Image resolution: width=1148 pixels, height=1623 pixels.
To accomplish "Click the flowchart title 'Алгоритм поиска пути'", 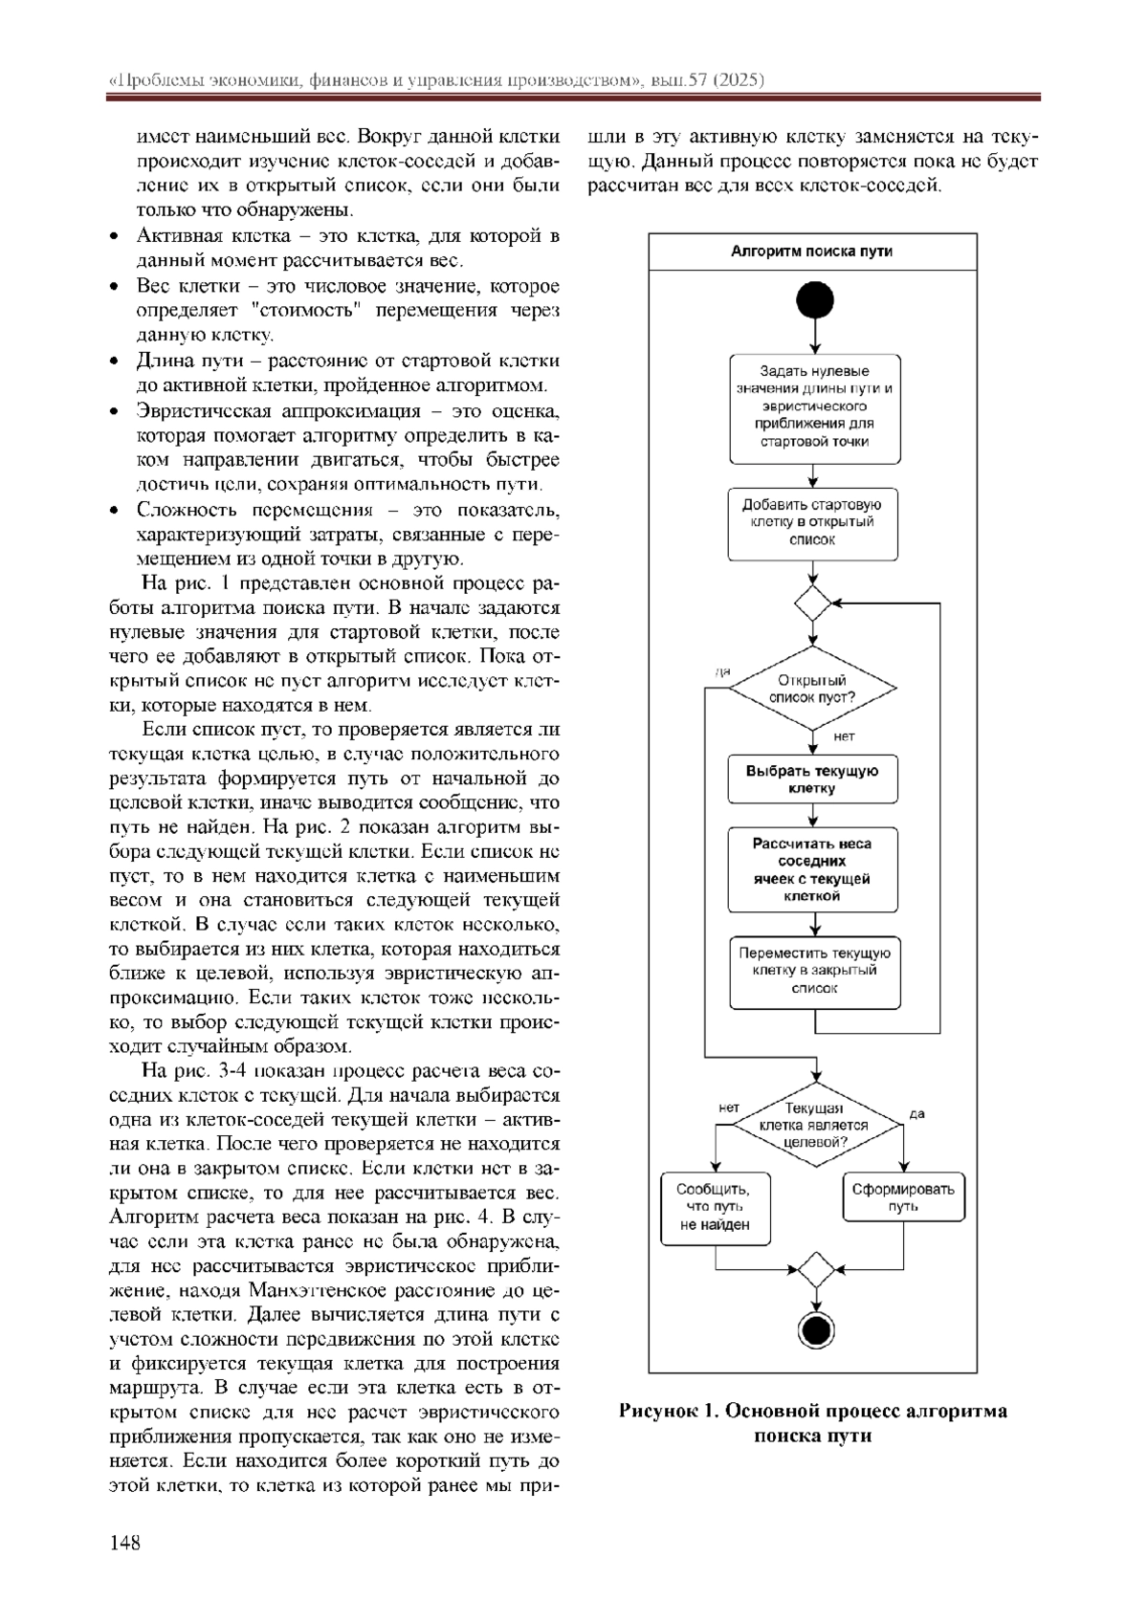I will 812,252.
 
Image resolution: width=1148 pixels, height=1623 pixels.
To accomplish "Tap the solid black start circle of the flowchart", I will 814,300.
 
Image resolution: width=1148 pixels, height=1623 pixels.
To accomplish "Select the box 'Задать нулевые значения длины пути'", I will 814,406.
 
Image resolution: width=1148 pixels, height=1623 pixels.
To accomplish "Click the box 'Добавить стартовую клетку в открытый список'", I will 812,522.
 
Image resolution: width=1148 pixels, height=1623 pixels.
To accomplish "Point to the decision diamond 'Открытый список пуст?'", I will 812,689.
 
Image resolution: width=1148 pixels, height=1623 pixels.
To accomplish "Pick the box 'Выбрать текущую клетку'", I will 812,779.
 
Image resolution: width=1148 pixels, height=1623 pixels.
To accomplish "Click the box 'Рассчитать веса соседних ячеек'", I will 812,869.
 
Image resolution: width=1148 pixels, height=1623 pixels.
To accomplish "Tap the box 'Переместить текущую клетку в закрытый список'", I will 815,971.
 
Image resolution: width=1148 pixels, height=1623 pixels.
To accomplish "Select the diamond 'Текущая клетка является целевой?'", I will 813,1125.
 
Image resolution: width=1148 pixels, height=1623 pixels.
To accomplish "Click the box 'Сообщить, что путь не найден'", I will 716,1207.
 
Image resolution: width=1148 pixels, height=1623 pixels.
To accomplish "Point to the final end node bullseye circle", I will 815,1329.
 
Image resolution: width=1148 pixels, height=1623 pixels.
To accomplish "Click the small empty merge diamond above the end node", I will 815,1269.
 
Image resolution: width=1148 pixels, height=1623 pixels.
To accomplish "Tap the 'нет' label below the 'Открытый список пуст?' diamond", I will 844,736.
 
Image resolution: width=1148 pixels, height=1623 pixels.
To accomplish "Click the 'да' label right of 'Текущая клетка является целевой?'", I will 916,1114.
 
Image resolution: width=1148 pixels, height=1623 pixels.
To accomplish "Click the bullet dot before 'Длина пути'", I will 116,361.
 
